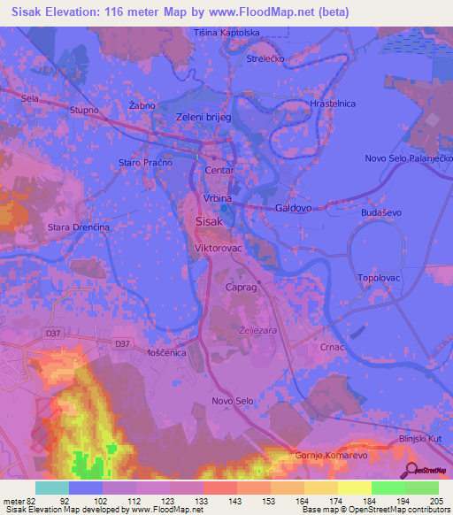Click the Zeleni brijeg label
tap(203, 117)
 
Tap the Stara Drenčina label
tap(79, 227)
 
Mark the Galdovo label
tap(294, 208)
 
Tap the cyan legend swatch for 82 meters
tap(51, 488)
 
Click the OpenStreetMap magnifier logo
tap(411, 470)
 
